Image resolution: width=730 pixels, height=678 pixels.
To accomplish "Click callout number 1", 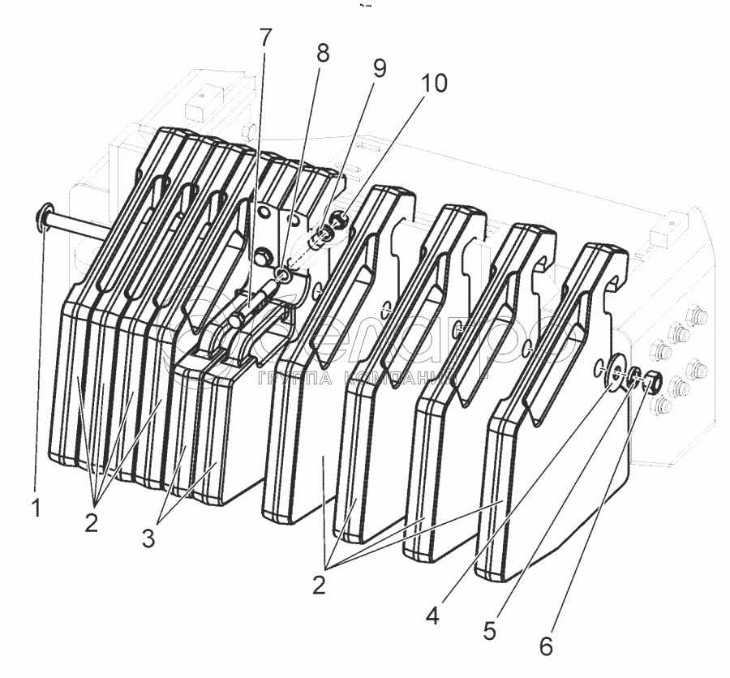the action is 35,508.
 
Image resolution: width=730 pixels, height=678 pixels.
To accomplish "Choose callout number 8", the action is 323,54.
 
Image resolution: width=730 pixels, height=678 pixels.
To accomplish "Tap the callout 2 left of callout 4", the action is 320,584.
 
